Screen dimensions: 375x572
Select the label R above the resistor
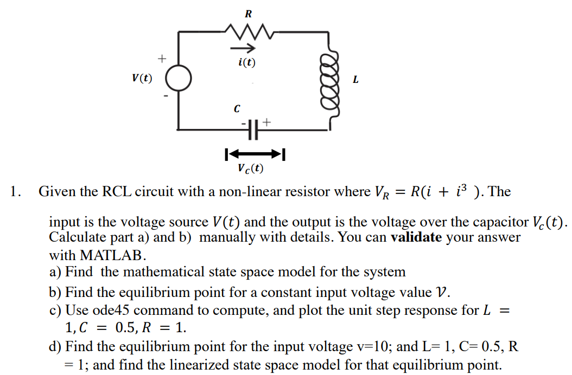(248, 14)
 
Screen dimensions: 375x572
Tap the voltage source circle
(178, 79)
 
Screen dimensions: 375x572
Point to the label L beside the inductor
(355, 80)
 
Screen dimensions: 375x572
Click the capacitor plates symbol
(251, 130)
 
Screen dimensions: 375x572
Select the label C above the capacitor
(236, 109)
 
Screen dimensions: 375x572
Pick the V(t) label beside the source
(142, 78)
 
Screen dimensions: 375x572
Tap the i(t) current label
(247, 63)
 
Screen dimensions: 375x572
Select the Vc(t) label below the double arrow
(250, 169)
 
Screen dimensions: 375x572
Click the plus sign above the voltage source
(161, 57)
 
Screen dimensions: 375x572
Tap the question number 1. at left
(16, 192)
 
